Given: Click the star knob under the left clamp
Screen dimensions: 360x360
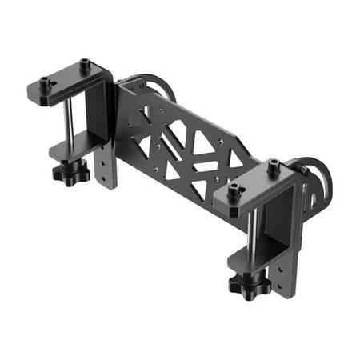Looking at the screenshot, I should tap(70, 171).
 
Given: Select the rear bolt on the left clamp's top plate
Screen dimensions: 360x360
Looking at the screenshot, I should tap(84, 63).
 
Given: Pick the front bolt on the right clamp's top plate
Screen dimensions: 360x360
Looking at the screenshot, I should tap(234, 191).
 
